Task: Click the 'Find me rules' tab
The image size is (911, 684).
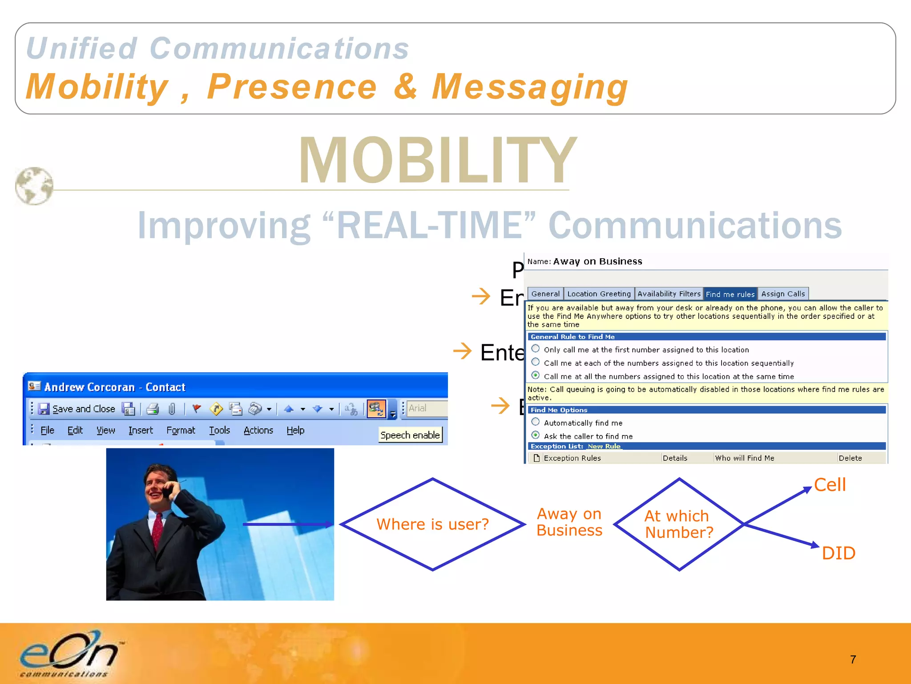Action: pyautogui.click(x=730, y=294)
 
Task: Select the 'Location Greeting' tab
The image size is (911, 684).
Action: pyautogui.click(x=599, y=294)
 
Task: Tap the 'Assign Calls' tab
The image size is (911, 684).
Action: pyautogui.click(x=783, y=294)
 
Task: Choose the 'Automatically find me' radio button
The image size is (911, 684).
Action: pyautogui.click(x=536, y=422)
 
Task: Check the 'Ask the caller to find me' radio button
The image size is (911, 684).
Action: pyautogui.click(x=536, y=436)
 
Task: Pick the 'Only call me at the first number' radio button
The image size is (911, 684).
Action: pyautogui.click(x=536, y=349)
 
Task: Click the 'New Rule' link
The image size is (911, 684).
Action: pyautogui.click(x=604, y=446)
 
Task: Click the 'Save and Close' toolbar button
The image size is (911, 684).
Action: pyautogui.click(x=77, y=409)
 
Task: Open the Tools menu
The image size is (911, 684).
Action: pyautogui.click(x=219, y=430)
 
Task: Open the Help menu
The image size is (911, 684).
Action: pyautogui.click(x=295, y=430)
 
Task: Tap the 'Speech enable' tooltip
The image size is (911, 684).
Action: pyautogui.click(x=410, y=435)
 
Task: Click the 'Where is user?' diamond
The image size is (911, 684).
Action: pyautogui.click(x=432, y=524)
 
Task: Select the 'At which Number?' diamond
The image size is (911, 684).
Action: pyautogui.click(x=679, y=524)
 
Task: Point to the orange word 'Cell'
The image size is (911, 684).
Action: pyautogui.click(x=830, y=485)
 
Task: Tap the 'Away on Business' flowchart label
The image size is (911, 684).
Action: pyautogui.click(x=569, y=522)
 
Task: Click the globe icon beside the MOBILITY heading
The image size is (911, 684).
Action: pyautogui.click(x=34, y=186)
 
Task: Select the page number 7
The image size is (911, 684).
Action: pyautogui.click(x=853, y=660)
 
